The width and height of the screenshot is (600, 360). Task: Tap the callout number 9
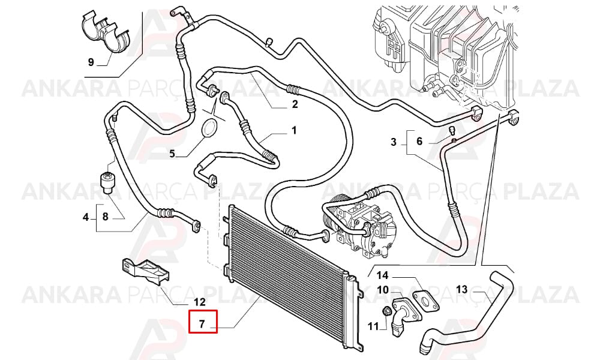point(91,62)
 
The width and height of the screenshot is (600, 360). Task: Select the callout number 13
point(461,289)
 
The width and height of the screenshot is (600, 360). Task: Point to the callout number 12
point(199,302)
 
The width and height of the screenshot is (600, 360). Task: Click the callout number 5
point(172,154)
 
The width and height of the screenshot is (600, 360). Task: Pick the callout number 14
point(382,275)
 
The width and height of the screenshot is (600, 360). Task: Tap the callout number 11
point(373,326)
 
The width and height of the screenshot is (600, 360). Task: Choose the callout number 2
point(295,104)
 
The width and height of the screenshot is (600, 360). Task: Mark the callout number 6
point(419,141)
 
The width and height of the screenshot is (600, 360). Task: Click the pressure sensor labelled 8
point(107,182)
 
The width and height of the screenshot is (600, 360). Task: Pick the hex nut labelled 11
point(386,311)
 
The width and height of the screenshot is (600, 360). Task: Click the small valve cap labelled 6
point(452,131)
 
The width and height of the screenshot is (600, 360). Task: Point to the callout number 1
point(294,130)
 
